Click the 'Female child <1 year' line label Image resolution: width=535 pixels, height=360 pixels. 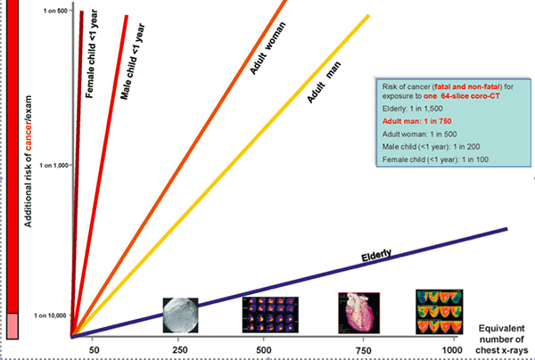pyautogui.click(x=91, y=53)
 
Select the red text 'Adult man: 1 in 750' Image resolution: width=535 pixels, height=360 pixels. pyautogui.click(x=413, y=119)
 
